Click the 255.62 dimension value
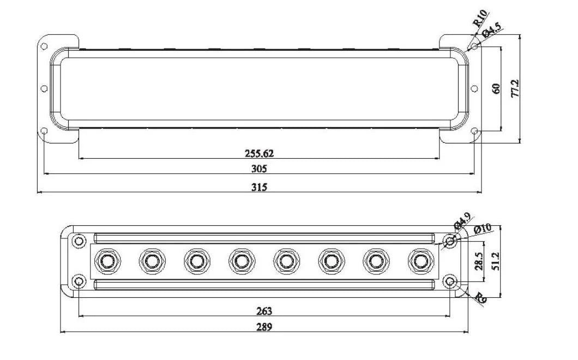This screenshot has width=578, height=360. (259, 153)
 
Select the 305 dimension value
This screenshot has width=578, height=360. (259, 169)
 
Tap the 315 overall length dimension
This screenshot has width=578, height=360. (259, 187)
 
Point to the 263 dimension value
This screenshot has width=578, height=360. (263, 311)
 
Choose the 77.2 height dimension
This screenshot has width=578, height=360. (515, 88)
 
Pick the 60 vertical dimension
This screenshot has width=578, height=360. (496, 88)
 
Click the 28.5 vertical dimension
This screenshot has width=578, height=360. (479, 261)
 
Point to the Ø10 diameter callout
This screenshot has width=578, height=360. (483, 229)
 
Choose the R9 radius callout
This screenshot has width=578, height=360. (480, 298)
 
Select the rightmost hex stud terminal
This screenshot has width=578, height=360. (419, 261)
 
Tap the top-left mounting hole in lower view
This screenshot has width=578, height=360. (79, 241)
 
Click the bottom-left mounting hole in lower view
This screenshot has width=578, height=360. (79, 281)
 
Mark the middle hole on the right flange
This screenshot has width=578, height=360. (474, 89)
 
